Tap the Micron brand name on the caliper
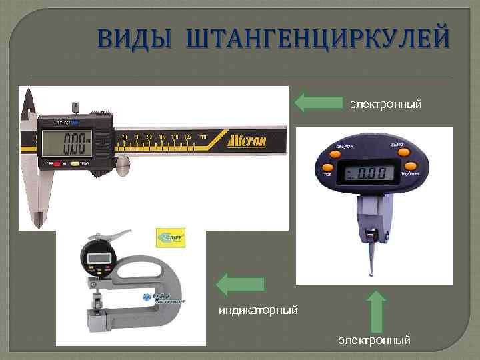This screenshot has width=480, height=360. coord(247,141)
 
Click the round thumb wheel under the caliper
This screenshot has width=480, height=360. coord(123,166)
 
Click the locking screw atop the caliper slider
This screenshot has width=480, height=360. coord(75,107)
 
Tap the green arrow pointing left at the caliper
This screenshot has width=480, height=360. coord(318,102)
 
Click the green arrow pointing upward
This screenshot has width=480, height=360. coord(377,310)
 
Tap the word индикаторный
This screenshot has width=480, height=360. coord(258,310)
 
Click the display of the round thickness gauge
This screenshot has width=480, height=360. coord(97,257)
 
